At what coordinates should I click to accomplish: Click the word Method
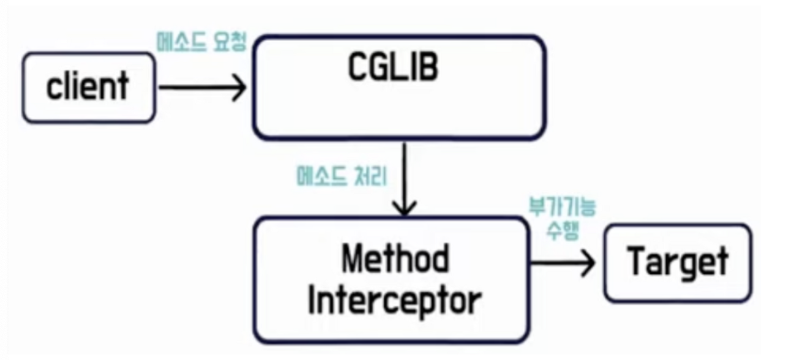tap(395, 259)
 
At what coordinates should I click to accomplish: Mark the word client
tap(88, 86)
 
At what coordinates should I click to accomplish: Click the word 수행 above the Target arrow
tap(562, 231)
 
